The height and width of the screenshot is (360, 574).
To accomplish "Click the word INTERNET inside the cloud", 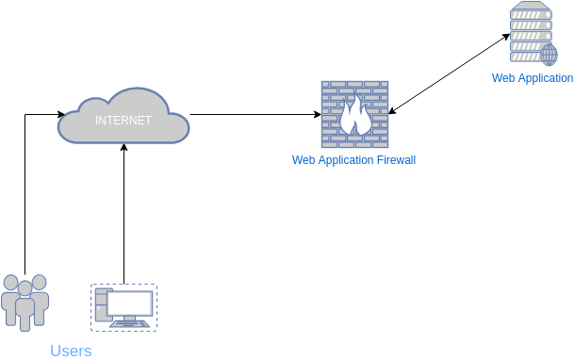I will click(123, 121).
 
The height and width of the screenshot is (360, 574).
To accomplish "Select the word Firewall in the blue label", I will click(391, 160).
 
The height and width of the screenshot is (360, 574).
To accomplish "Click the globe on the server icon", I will click(548, 53).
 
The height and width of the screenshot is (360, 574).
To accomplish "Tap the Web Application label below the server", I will click(532, 78).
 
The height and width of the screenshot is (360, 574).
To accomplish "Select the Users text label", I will click(71, 351).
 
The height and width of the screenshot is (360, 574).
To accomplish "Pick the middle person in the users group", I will click(25, 306).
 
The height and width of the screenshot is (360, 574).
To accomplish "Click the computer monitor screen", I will click(130, 303).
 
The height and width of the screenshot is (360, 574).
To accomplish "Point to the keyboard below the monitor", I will click(129, 324).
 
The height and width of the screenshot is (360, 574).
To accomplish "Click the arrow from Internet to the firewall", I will click(254, 115).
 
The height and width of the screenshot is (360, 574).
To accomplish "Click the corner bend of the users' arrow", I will click(25, 115).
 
